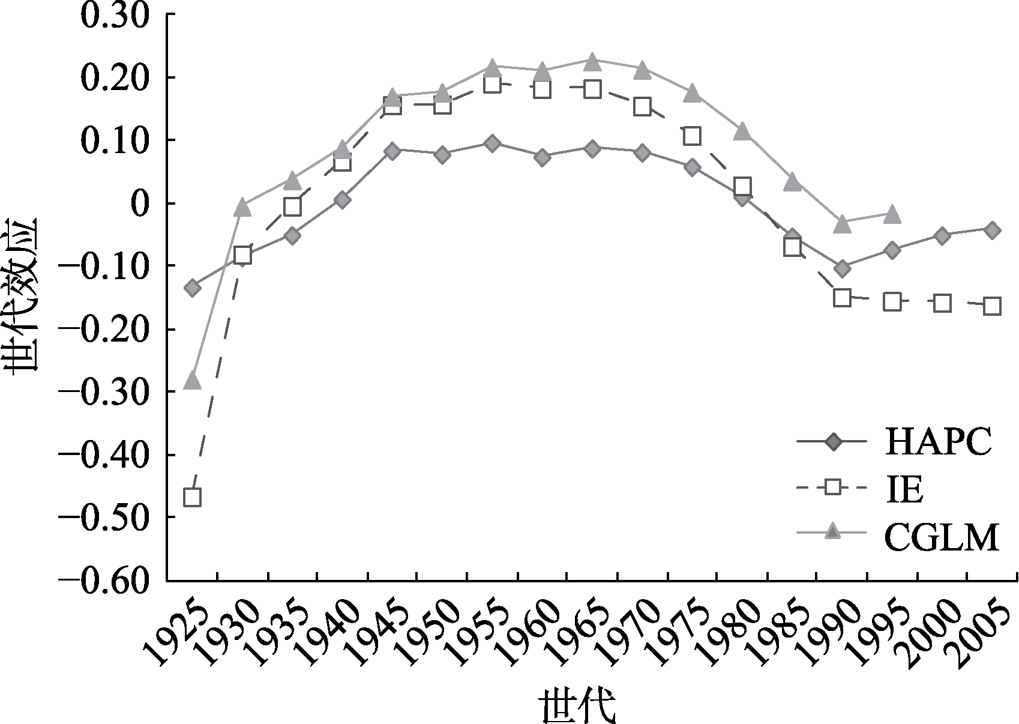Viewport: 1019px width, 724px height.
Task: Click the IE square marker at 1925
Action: pos(192,497)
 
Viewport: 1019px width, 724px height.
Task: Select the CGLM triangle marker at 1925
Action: pos(192,380)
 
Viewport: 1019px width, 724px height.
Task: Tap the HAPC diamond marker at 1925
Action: pos(193,288)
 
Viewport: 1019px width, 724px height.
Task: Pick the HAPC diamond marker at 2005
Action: pos(992,229)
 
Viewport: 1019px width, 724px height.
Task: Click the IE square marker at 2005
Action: pos(992,306)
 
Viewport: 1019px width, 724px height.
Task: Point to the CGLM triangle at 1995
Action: pos(892,214)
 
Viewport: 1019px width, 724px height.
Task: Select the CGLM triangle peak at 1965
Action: pos(592,61)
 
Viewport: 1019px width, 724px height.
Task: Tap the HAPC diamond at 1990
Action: pos(843,268)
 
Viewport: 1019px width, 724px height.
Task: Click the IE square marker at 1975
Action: pos(692,136)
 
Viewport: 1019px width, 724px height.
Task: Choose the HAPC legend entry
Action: pos(894,444)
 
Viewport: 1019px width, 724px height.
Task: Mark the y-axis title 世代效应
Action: pos(22,294)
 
